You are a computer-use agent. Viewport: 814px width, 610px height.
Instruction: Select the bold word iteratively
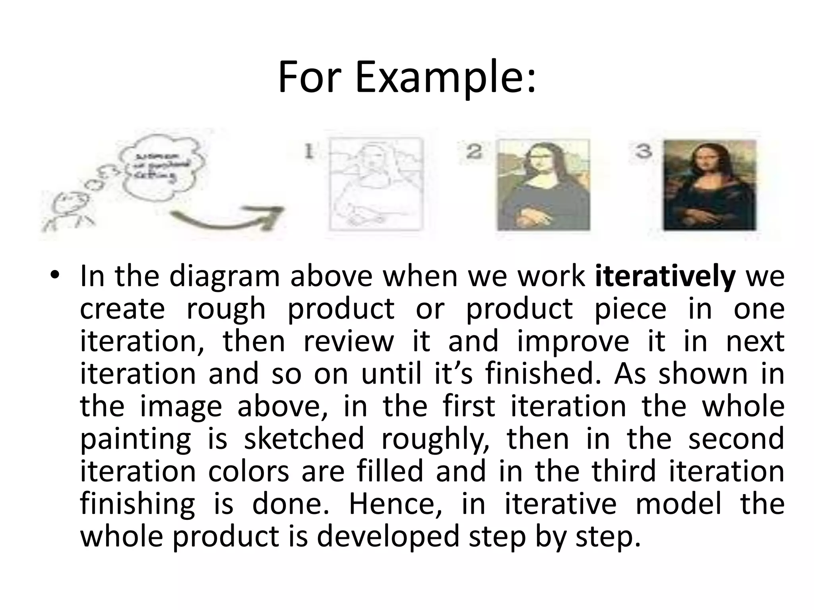click(665, 276)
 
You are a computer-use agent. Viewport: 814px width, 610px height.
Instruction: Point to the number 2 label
click(474, 152)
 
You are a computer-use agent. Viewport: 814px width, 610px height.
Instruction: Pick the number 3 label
click(643, 151)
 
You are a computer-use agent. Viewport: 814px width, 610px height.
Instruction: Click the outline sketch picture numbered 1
click(375, 184)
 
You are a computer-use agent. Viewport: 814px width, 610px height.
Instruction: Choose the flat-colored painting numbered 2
click(543, 185)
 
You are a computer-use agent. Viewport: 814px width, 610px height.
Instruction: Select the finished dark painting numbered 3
click(709, 185)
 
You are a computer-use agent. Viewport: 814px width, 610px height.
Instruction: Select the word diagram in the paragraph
click(225, 276)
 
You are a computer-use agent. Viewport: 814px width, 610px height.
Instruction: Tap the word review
click(348, 342)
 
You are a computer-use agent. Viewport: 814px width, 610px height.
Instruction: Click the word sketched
click(304, 438)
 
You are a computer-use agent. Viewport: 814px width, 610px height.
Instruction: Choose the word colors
click(248, 471)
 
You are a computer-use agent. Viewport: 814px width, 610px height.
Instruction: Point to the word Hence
click(395, 504)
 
